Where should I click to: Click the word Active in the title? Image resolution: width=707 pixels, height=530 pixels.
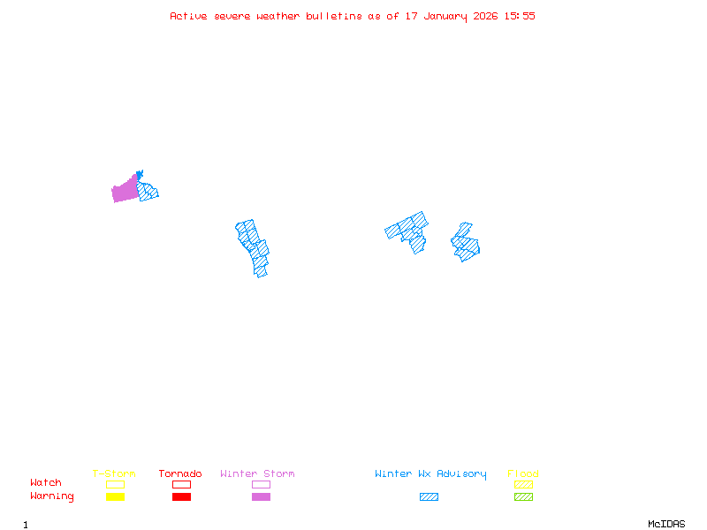pyautogui.click(x=189, y=16)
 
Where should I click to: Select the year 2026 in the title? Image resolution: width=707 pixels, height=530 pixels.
pyautogui.click(x=485, y=16)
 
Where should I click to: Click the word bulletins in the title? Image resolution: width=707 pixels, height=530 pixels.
pyautogui.click(x=333, y=16)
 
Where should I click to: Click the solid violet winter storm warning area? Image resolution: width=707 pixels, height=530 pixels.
pyautogui.click(x=125, y=191)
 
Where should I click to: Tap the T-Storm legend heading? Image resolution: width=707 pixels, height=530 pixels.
pyautogui.click(x=114, y=474)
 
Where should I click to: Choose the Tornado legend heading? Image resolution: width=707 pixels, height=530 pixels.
pyautogui.click(x=180, y=474)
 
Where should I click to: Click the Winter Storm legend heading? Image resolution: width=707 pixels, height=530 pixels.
pyautogui.click(x=257, y=474)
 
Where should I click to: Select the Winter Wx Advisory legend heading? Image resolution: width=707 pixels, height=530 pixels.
pyautogui.click(x=430, y=474)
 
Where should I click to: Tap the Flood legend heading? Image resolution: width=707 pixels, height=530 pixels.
pyautogui.click(x=523, y=474)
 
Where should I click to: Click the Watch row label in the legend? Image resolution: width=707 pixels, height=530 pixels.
pyautogui.click(x=46, y=483)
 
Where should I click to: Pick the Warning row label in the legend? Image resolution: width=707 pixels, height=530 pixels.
pyautogui.click(x=51, y=496)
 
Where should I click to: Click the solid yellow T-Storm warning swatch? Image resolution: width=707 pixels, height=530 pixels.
pyautogui.click(x=115, y=496)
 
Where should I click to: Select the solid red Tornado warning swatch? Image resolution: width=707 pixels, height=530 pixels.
pyautogui.click(x=181, y=496)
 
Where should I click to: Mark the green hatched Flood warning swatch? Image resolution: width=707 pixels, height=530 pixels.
pyautogui.click(x=523, y=496)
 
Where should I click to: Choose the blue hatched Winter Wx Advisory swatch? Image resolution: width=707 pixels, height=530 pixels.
pyautogui.click(x=429, y=496)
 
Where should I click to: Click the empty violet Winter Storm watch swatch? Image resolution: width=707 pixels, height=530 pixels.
pyautogui.click(x=261, y=484)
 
